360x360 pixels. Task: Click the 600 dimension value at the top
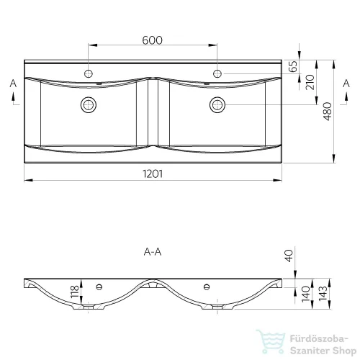tap(152, 40)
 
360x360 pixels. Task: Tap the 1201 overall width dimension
tap(153, 174)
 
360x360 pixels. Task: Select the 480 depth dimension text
tap(328, 112)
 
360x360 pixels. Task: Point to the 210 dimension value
tap(310, 82)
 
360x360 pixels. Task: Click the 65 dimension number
tap(293, 66)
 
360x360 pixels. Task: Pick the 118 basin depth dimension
tap(75, 292)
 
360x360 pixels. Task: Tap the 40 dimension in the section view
tap(289, 256)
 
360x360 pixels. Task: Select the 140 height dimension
tap(306, 294)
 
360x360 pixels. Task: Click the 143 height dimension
tap(323, 293)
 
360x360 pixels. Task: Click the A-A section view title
tap(153, 252)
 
